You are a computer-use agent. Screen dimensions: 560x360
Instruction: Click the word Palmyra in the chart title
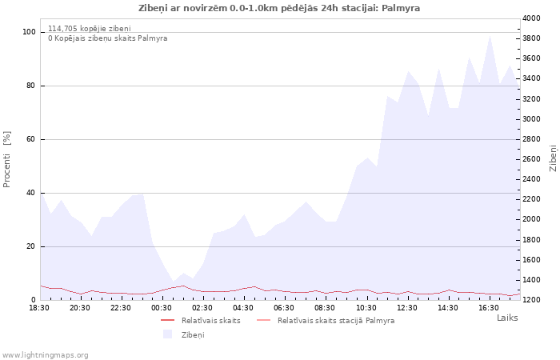[401, 8]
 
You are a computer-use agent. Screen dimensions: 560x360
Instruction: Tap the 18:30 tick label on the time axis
[39, 308]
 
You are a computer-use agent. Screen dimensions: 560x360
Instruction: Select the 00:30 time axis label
[162, 308]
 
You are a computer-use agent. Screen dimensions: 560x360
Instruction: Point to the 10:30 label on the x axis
[366, 308]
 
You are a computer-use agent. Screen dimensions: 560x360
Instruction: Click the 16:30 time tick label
[489, 308]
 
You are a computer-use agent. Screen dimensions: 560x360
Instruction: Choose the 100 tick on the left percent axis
[29, 32]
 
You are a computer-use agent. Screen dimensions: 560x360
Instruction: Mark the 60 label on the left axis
[30, 139]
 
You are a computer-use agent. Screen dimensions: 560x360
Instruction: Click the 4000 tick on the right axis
[531, 18]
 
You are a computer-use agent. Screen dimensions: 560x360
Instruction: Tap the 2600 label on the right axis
[531, 159]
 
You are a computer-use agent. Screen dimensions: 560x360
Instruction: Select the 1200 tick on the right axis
[531, 300]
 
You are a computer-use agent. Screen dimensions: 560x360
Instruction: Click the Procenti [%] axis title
[6, 159]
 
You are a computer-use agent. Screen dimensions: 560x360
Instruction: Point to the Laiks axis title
[507, 318]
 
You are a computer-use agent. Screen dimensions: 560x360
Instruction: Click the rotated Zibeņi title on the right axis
[554, 158]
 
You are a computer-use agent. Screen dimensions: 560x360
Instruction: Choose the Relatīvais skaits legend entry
[210, 320]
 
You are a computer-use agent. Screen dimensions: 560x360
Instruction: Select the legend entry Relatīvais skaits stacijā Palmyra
[336, 320]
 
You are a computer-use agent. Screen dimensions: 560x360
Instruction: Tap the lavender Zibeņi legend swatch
[167, 334]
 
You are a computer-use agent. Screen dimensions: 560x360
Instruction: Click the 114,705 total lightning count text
[90, 29]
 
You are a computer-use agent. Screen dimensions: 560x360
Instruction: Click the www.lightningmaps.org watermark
[45, 355]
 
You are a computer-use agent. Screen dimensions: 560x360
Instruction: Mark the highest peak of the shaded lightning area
[490, 36]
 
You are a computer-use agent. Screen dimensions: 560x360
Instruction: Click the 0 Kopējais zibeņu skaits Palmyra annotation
[108, 38]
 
